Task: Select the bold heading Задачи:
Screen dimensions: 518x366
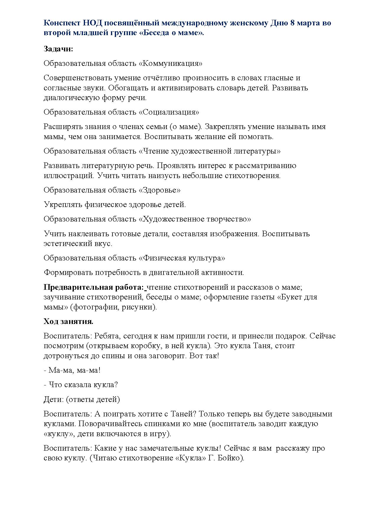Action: tap(58, 49)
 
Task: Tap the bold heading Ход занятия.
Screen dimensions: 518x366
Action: tap(68, 322)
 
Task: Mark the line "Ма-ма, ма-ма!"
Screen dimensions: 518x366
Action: tap(72, 370)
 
